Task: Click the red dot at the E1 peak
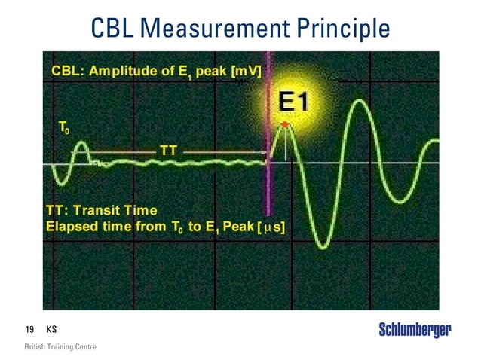285,124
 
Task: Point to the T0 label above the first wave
65,129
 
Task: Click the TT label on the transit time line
169,151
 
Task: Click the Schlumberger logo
415,330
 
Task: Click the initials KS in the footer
51,330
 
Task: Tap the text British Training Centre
60,347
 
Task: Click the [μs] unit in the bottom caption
270,226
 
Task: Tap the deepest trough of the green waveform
323,245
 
